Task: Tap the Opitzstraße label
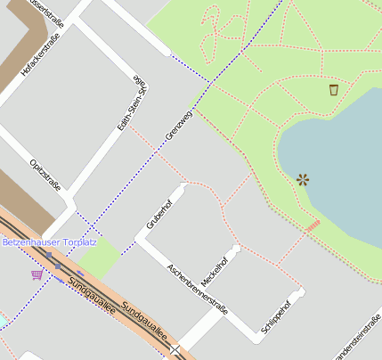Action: click(45, 173)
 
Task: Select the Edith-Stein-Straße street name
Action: click(132, 103)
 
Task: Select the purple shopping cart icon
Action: click(37, 274)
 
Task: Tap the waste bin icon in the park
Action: click(334, 89)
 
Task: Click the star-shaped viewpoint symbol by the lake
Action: click(303, 179)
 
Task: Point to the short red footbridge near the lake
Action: click(313, 226)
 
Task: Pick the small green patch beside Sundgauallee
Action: click(98, 257)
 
